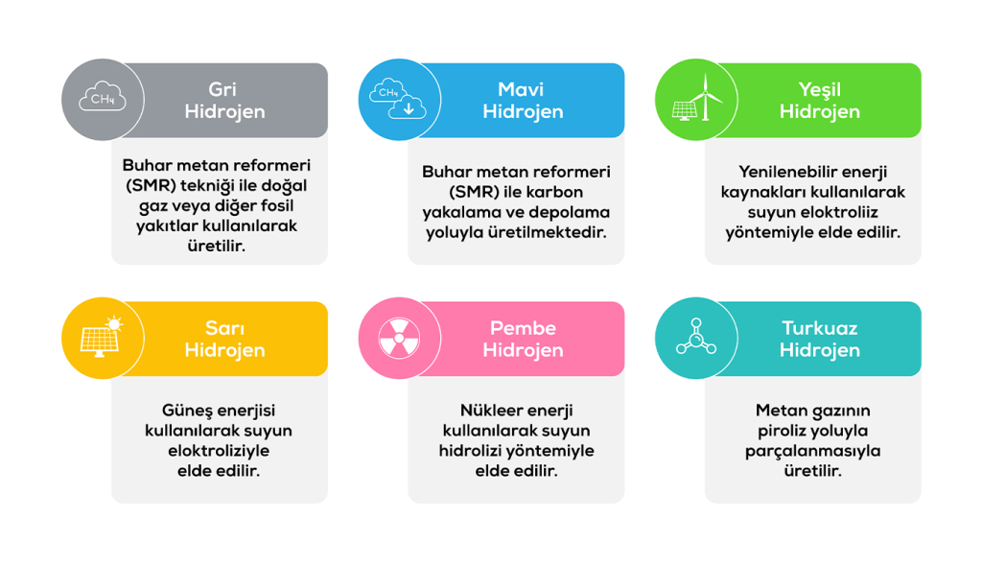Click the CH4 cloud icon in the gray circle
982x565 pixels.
(103, 97)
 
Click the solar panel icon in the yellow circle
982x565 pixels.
(102, 338)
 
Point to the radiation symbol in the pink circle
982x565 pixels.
(399, 339)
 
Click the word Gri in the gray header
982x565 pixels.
(222, 89)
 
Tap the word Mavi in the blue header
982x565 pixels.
(521, 89)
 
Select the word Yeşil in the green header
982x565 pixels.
(819, 90)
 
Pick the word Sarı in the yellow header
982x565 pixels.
(224, 328)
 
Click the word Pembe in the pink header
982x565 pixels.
(523, 328)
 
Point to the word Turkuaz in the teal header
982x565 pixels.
(820, 328)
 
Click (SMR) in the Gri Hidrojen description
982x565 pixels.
(151, 186)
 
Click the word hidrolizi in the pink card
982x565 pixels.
(470, 451)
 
